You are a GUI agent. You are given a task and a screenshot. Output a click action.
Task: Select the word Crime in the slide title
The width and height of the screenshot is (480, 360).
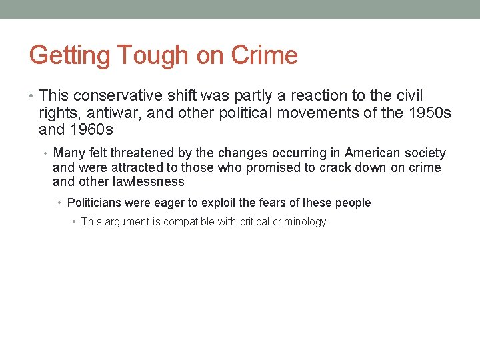tap(265, 55)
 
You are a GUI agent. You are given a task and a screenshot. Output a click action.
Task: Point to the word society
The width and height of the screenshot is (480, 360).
tap(424, 153)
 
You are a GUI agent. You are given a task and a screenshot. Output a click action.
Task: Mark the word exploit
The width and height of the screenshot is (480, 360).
tap(223, 203)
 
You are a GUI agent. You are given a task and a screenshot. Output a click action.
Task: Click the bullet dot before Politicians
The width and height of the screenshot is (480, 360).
tap(60, 203)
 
